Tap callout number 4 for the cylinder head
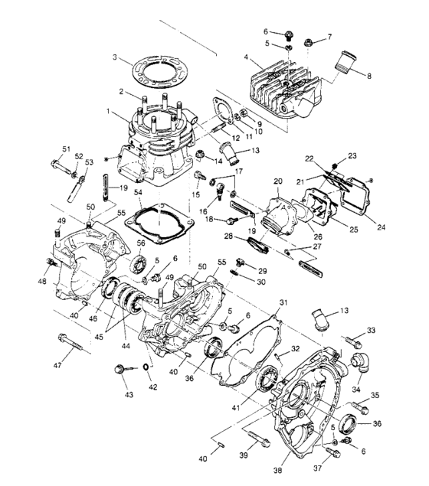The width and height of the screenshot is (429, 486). tap(247, 57)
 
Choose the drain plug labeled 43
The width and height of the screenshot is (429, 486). tap(120, 370)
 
